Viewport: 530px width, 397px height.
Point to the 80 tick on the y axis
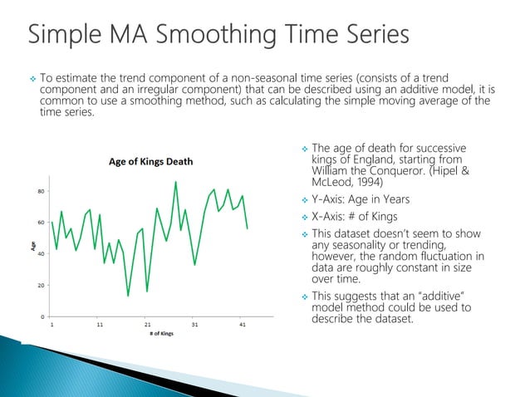pos(41,191)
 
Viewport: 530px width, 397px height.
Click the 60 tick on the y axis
pos(41,223)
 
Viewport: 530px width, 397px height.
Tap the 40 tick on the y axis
pos(41,254)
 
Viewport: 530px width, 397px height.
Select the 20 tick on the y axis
pos(41,285)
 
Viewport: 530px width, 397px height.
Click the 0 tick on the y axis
pos(42,316)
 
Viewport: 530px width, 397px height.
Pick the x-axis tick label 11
pos(100,326)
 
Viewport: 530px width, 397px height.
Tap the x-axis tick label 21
pos(147,326)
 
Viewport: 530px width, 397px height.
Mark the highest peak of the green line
pos(175,182)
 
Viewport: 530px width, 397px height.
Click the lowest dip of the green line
pos(128,296)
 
